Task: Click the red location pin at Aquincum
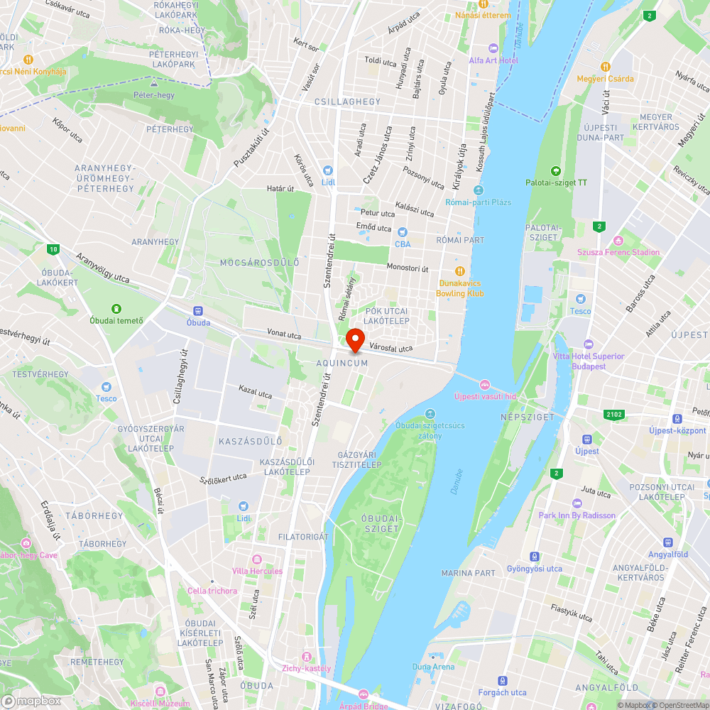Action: [355, 339]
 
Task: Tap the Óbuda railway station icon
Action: [198, 310]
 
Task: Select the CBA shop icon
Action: [403, 232]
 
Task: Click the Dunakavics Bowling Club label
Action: [460, 288]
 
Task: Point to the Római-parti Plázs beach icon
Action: [478, 190]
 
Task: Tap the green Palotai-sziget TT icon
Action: [556, 170]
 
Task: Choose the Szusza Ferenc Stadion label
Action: [618, 252]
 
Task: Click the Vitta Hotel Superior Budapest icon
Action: [589, 344]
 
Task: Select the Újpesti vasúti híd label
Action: [485, 395]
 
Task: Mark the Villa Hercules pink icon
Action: [257, 559]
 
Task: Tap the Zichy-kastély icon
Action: [307, 657]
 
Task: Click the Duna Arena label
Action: [433, 667]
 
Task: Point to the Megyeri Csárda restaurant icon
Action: [605, 66]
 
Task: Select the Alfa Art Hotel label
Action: [493, 60]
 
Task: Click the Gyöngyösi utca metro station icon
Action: [535, 557]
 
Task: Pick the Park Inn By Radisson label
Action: [577, 515]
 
